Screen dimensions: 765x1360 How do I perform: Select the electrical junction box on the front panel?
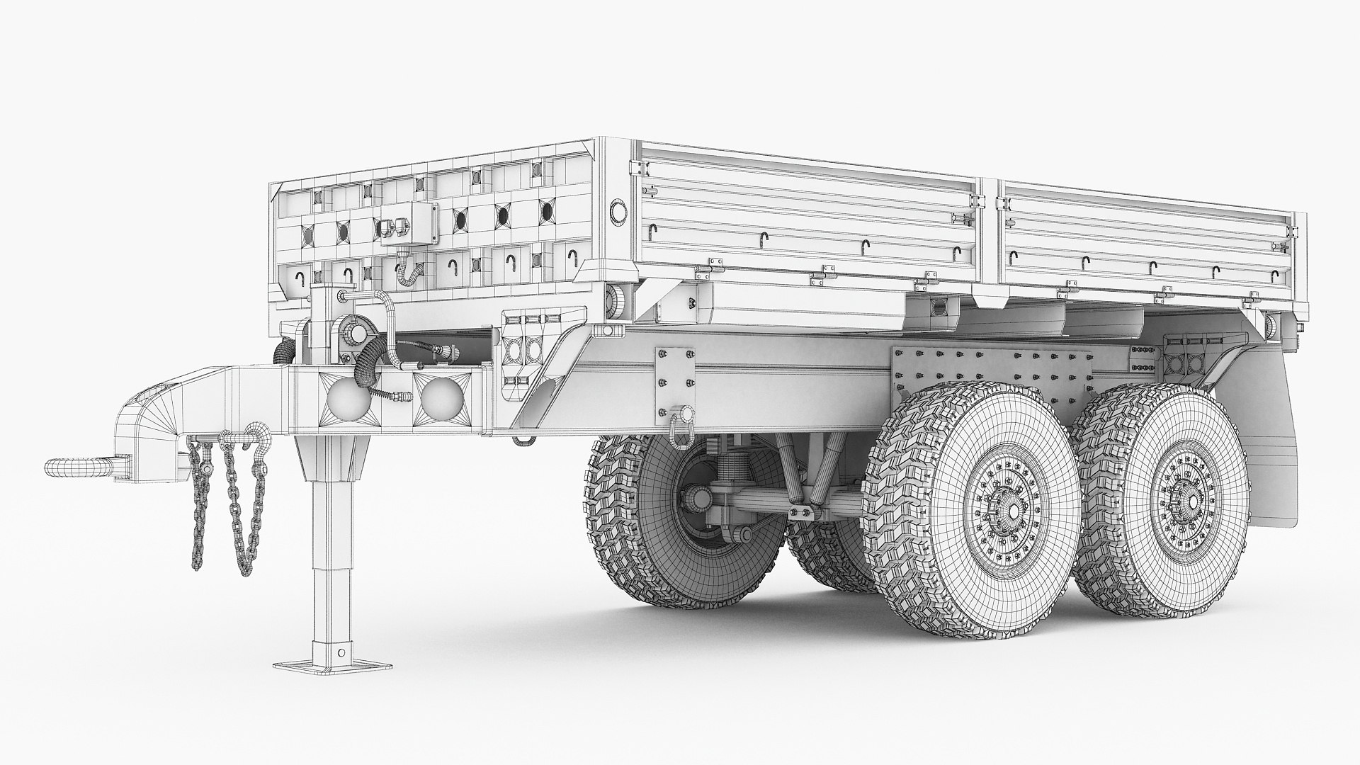pyautogui.click(x=409, y=224)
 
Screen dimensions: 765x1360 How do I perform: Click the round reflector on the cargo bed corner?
pyautogui.click(x=619, y=212)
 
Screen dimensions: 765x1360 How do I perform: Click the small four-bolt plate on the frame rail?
pyautogui.click(x=674, y=376)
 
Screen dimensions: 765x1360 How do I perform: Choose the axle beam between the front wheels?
pyautogui.click(x=779, y=504)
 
